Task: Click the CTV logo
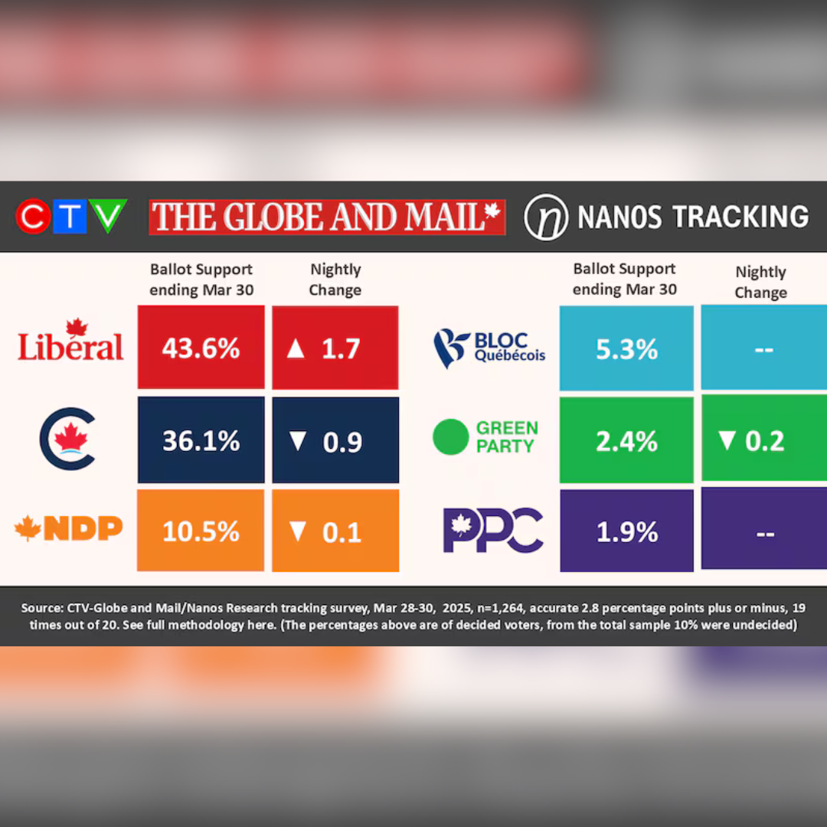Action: tap(71, 217)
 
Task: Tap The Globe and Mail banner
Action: tap(327, 217)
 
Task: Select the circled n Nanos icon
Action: tap(546, 217)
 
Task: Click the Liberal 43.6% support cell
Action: tap(201, 348)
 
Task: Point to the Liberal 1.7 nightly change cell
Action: tap(335, 348)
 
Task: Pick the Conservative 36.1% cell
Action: tap(201, 440)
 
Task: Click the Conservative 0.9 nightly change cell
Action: tap(335, 440)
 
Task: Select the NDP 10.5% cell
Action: tap(201, 531)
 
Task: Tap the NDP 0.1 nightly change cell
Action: tap(335, 531)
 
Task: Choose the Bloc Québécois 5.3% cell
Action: tap(626, 348)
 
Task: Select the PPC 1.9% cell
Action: tap(626, 531)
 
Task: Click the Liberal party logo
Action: tap(70, 341)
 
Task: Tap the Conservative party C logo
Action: tap(68, 439)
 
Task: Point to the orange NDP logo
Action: tap(69, 528)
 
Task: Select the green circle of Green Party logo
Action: tap(450, 437)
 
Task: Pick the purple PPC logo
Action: tap(493, 530)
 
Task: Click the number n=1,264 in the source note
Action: tap(499, 608)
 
